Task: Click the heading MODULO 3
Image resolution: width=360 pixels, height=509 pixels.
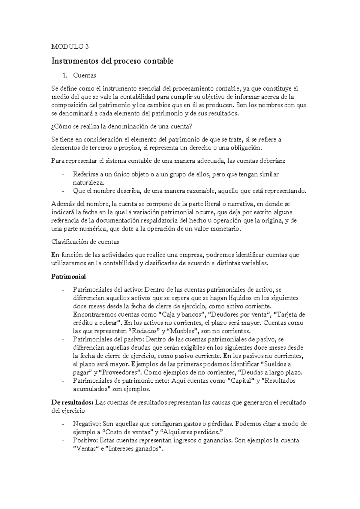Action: pyautogui.click(x=70, y=47)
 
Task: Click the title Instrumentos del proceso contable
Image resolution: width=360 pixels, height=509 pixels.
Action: pyautogui.click(x=112, y=61)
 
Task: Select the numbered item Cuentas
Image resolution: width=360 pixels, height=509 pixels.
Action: pyautogui.click(x=85, y=76)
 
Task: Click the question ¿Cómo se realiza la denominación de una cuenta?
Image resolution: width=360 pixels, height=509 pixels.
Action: pyautogui.click(x=121, y=127)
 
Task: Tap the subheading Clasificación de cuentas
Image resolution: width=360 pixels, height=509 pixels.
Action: pyautogui.click(x=85, y=242)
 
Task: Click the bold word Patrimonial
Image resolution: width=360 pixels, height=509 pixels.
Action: pyautogui.click(x=68, y=276)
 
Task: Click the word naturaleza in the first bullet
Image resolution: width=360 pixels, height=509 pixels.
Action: pyautogui.click(x=88, y=183)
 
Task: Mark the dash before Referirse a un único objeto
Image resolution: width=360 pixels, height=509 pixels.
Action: pyautogui.click(x=63, y=175)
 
